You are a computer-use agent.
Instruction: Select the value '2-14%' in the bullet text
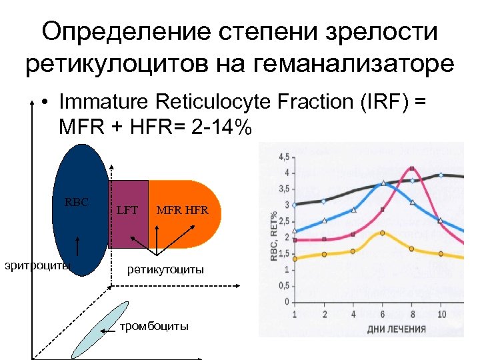pyautogui.click(x=213, y=127)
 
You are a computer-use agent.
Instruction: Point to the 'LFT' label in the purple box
pyautogui.click(x=127, y=211)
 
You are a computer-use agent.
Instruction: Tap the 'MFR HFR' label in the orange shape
pyautogui.click(x=182, y=211)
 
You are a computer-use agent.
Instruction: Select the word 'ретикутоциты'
pyautogui.click(x=166, y=269)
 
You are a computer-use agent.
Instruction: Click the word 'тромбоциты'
pyautogui.click(x=153, y=325)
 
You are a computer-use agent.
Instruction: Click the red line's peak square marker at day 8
pyautogui.click(x=413, y=169)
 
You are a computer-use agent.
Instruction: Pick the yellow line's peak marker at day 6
pyautogui.click(x=382, y=233)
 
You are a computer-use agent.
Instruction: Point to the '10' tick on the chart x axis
pyautogui.click(x=442, y=314)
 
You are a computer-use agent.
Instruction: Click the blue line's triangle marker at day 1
pyautogui.click(x=295, y=231)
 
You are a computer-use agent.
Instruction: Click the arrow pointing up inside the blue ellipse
pyautogui.click(x=78, y=246)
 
